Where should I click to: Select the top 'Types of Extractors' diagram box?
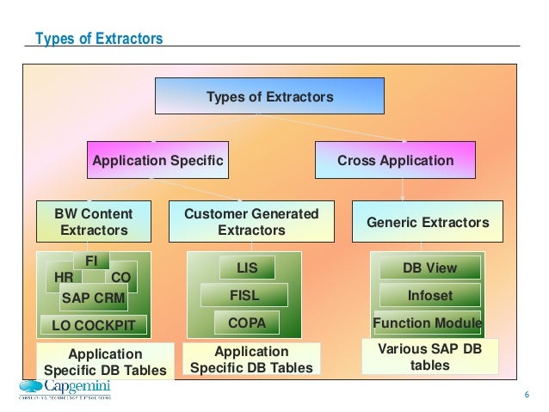(x=268, y=96)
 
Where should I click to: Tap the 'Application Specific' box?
(x=157, y=160)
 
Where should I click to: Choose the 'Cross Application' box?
(x=395, y=160)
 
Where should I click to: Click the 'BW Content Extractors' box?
(x=94, y=222)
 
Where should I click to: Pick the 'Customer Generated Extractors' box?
(x=251, y=222)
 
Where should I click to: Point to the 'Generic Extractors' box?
(x=428, y=222)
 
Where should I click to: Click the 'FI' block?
(x=91, y=259)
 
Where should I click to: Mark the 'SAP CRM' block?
(x=93, y=298)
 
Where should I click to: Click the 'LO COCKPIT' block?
(x=94, y=326)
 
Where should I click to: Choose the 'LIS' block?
(x=247, y=268)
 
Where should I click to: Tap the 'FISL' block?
(x=244, y=296)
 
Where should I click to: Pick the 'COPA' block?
(x=246, y=323)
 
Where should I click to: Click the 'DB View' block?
(x=429, y=267)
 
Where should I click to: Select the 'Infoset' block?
(x=429, y=296)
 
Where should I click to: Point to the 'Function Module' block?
(x=427, y=323)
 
